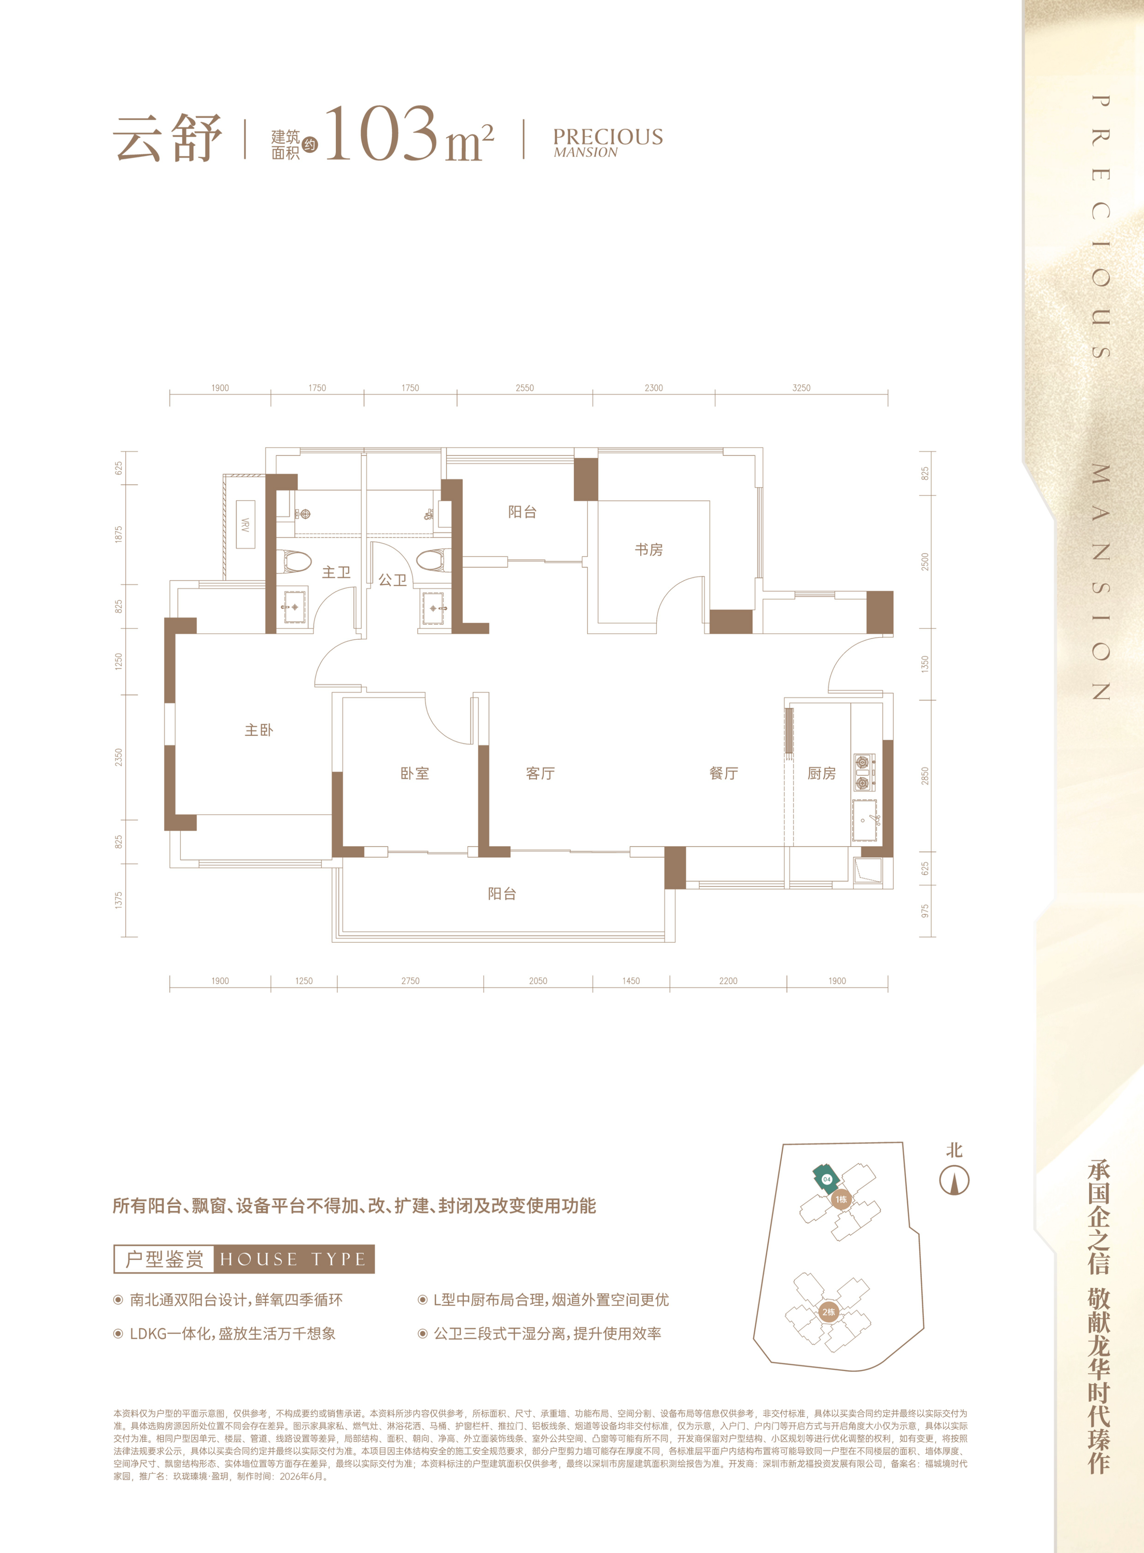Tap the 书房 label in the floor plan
coord(649,550)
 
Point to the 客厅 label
coord(540,773)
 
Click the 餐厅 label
coord(724,773)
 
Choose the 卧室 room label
coord(415,773)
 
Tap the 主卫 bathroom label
coord(337,572)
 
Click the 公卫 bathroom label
coord(393,580)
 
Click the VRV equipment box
coord(245,524)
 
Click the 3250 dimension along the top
coord(801,388)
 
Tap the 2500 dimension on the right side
coord(925,562)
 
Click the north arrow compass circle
coord(954,1181)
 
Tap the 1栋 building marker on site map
coord(841,1199)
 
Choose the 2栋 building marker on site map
coord(828,1312)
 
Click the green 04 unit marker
coord(826,1178)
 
